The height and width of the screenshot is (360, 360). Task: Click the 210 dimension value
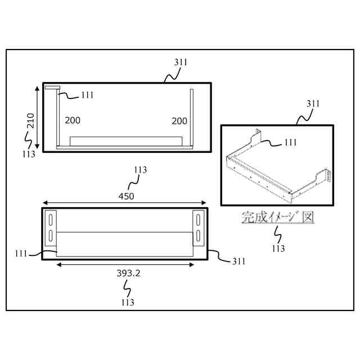31,121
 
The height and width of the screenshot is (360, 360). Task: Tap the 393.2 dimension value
128,273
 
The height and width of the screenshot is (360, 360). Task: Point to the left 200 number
73,120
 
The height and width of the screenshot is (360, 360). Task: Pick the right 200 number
179,121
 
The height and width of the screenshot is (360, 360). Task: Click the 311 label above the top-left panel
181,62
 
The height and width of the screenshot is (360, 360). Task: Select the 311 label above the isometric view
313,103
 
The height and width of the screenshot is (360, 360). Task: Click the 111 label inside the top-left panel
87,95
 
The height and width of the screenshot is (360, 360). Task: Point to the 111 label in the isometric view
290,143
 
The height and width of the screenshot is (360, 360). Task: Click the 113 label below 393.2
127,302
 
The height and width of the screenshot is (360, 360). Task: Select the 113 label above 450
140,169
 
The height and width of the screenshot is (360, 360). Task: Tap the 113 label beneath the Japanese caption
278,248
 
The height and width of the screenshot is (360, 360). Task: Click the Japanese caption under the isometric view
277,217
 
